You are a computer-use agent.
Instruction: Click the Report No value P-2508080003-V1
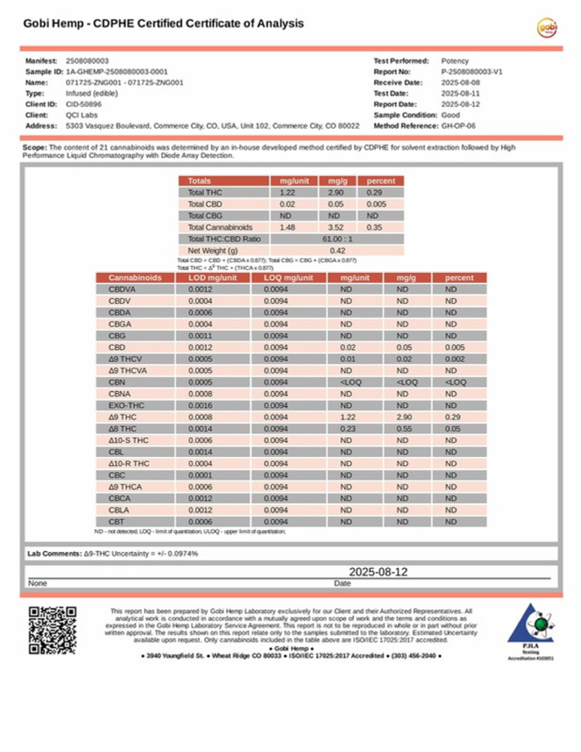pyautogui.click(x=472, y=72)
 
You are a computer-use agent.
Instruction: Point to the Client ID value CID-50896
pyautogui.click(x=84, y=104)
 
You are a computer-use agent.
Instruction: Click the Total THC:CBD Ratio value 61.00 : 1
pyautogui.click(x=337, y=239)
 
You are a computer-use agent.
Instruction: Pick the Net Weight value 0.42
pyautogui.click(x=337, y=251)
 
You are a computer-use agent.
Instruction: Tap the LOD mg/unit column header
pyautogui.click(x=212, y=278)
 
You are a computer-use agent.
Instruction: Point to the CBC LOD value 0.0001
pyautogui.click(x=200, y=475)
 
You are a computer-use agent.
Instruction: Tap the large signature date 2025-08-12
pyautogui.click(x=378, y=572)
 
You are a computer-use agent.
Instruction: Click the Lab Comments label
pyautogui.click(x=55, y=554)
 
